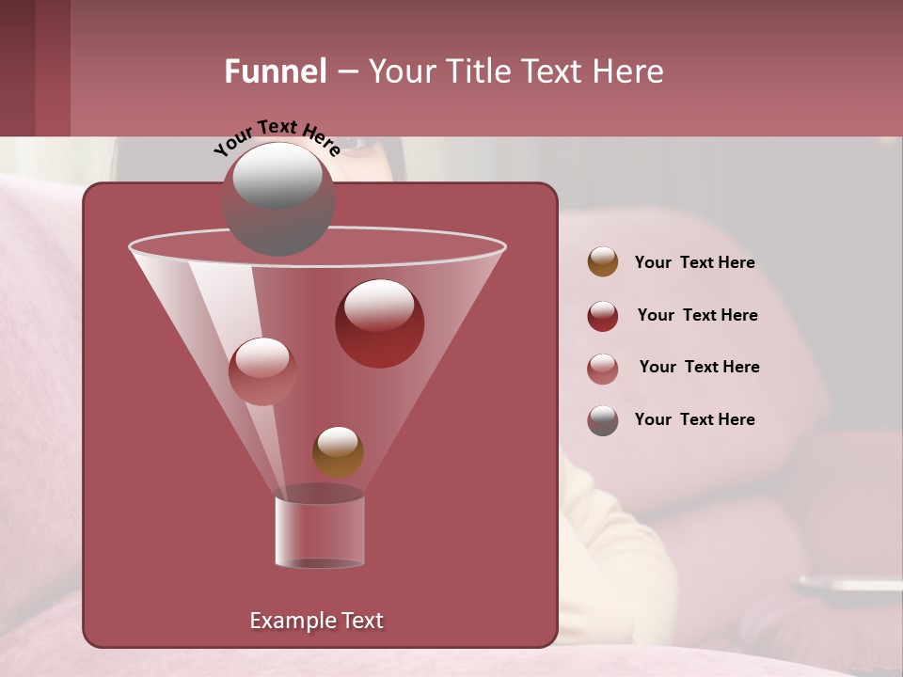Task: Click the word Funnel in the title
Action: pos(275,71)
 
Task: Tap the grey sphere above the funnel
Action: pos(277,197)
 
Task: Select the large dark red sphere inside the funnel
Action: pos(379,323)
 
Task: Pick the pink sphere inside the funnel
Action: pos(262,370)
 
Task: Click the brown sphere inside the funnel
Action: pos(338,451)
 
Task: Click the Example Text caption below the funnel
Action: pos(316,621)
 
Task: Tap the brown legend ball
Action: pos(603,262)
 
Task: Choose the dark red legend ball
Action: pos(603,316)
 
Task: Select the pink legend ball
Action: pos(603,369)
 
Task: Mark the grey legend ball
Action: pos(603,420)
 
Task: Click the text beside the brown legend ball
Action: pos(694,263)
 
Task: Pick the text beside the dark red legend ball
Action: pos(697,316)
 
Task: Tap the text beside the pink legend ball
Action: pos(699,368)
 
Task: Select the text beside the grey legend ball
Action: pos(694,419)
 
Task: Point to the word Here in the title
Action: pos(628,71)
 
